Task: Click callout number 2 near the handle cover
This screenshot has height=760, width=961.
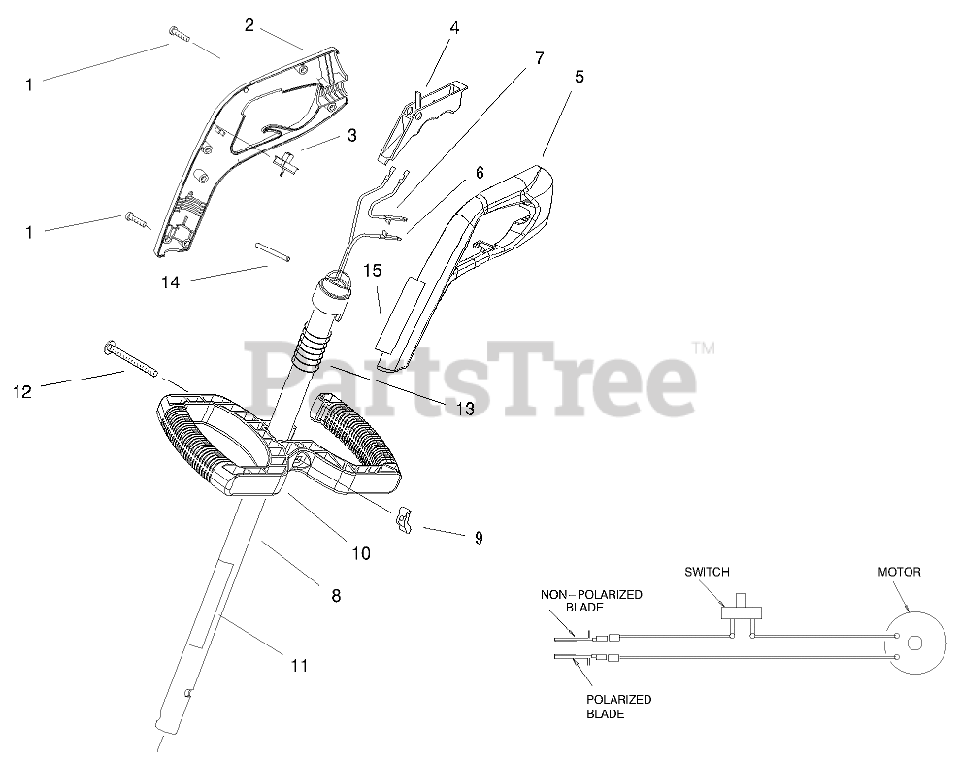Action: [249, 25]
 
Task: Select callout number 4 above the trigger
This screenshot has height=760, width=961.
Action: [453, 28]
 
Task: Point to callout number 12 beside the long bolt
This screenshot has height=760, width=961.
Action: [22, 392]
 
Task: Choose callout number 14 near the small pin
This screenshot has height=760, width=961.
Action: [171, 282]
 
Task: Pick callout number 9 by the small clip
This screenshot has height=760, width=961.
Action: [478, 537]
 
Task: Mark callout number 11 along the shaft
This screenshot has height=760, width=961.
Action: [299, 665]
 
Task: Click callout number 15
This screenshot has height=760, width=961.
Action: [373, 271]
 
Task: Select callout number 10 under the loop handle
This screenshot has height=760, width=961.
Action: [360, 553]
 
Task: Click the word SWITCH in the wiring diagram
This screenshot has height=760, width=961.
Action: [706, 572]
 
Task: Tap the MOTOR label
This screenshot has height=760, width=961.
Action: [900, 572]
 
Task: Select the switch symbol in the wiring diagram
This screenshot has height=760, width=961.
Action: [742, 613]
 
